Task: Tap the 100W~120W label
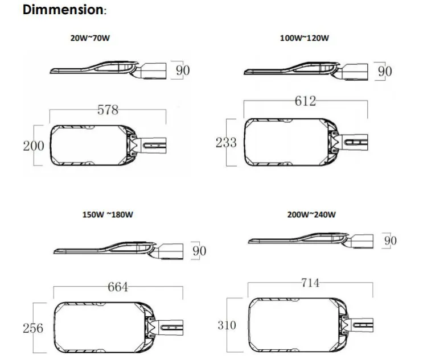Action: pyautogui.click(x=305, y=38)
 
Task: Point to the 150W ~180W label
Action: pyautogui.click(x=108, y=216)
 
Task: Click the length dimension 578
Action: pyautogui.click(x=108, y=110)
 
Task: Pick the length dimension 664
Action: pyautogui.click(x=118, y=287)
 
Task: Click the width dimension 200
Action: pyautogui.click(x=34, y=146)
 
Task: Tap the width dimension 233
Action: pyautogui.click(x=226, y=143)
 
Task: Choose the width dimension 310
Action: pyautogui.click(x=228, y=326)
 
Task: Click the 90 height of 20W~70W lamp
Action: pyautogui.click(x=183, y=71)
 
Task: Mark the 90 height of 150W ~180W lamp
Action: pyautogui.click(x=199, y=251)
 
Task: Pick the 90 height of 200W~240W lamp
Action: pyautogui.click(x=390, y=241)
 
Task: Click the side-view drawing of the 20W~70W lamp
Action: pyautogui.click(x=108, y=69)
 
